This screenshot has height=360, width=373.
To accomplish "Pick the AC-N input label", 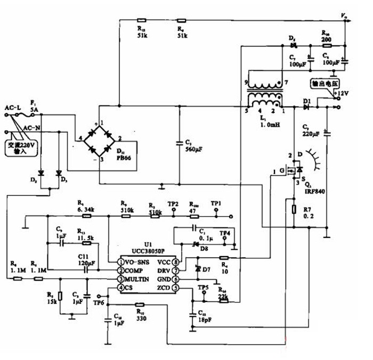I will [x=30, y=128].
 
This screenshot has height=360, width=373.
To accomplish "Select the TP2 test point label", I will [x=173, y=204].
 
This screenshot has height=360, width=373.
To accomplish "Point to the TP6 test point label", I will [x=99, y=302].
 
